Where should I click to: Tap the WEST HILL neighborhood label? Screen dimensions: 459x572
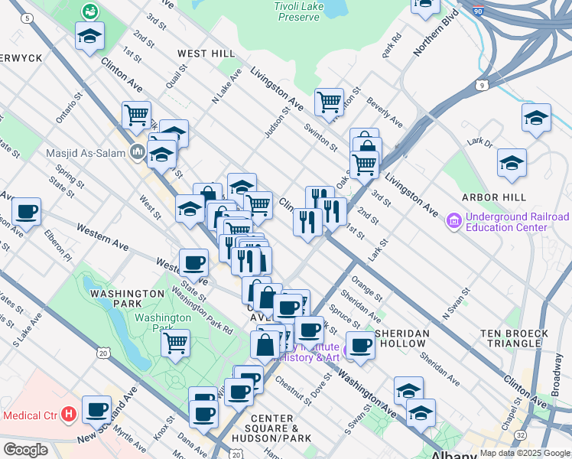206,54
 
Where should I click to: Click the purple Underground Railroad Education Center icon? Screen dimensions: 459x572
453,222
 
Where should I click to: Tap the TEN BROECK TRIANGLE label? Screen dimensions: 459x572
515,339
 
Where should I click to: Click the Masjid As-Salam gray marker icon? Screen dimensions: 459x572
137,151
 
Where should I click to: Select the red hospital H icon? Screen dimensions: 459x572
69,415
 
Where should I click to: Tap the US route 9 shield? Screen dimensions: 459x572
481,85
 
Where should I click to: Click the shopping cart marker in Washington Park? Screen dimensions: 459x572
176,341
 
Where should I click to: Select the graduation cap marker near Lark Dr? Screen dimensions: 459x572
512,162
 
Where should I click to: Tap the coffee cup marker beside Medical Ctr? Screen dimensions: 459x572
96,409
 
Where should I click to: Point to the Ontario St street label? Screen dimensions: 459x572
68,109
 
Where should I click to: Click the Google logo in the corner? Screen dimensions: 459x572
25,450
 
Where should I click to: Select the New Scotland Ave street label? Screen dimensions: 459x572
107,414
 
